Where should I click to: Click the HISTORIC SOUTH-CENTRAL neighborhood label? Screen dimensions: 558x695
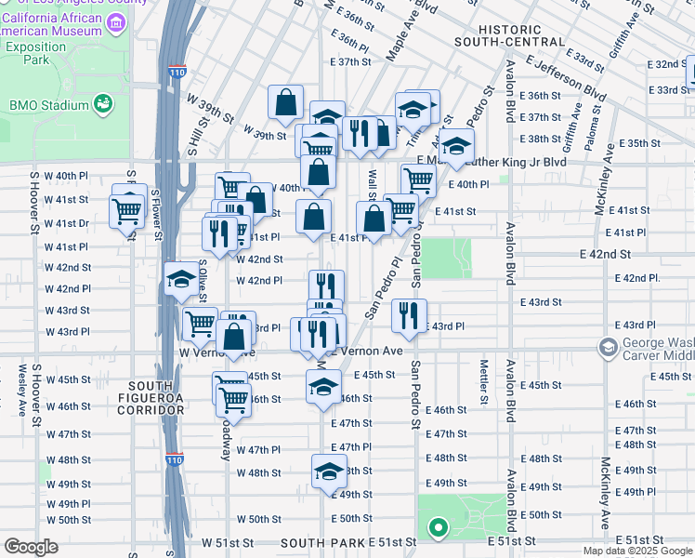click(509, 34)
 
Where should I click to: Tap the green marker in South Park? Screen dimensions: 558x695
click(438, 529)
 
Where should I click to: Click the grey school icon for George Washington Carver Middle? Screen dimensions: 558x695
click(609, 349)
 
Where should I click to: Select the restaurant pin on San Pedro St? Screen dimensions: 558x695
click(409, 315)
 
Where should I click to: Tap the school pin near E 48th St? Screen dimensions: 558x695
click(329, 472)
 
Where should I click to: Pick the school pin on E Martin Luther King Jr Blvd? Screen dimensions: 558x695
click(455, 145)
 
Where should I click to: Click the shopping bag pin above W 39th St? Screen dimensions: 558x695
click(286, 102)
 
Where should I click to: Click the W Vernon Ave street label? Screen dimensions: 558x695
click(216, 353)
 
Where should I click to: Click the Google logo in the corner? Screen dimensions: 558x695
click(32, 547)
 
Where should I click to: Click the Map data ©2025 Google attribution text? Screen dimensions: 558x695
click(636, 551)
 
